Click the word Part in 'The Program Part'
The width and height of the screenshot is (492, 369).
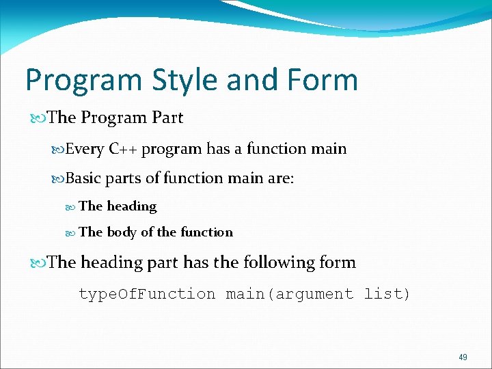pyautogui.click(x=167, y=118)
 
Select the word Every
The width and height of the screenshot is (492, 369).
pyautogui.click(x=85, y=149)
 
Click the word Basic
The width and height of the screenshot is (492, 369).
pyautogui.click(x=83, y=178)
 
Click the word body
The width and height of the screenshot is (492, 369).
pyautogui.click(x=122, y=232)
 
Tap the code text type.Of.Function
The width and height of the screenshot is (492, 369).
pyautogui.click(x=147, y=295)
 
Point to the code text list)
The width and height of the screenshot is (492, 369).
pyautogui.click(x=387, y=295)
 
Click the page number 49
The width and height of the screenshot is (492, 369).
pyautogui.click(x=463, y=357)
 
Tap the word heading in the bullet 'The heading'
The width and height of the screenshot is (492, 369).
pyautogui.click(x=131, y=206)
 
